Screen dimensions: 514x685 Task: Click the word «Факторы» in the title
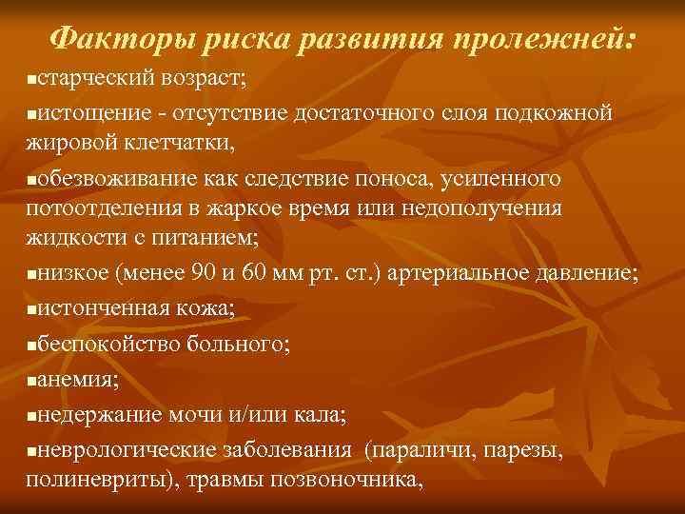tap(101, 39)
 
